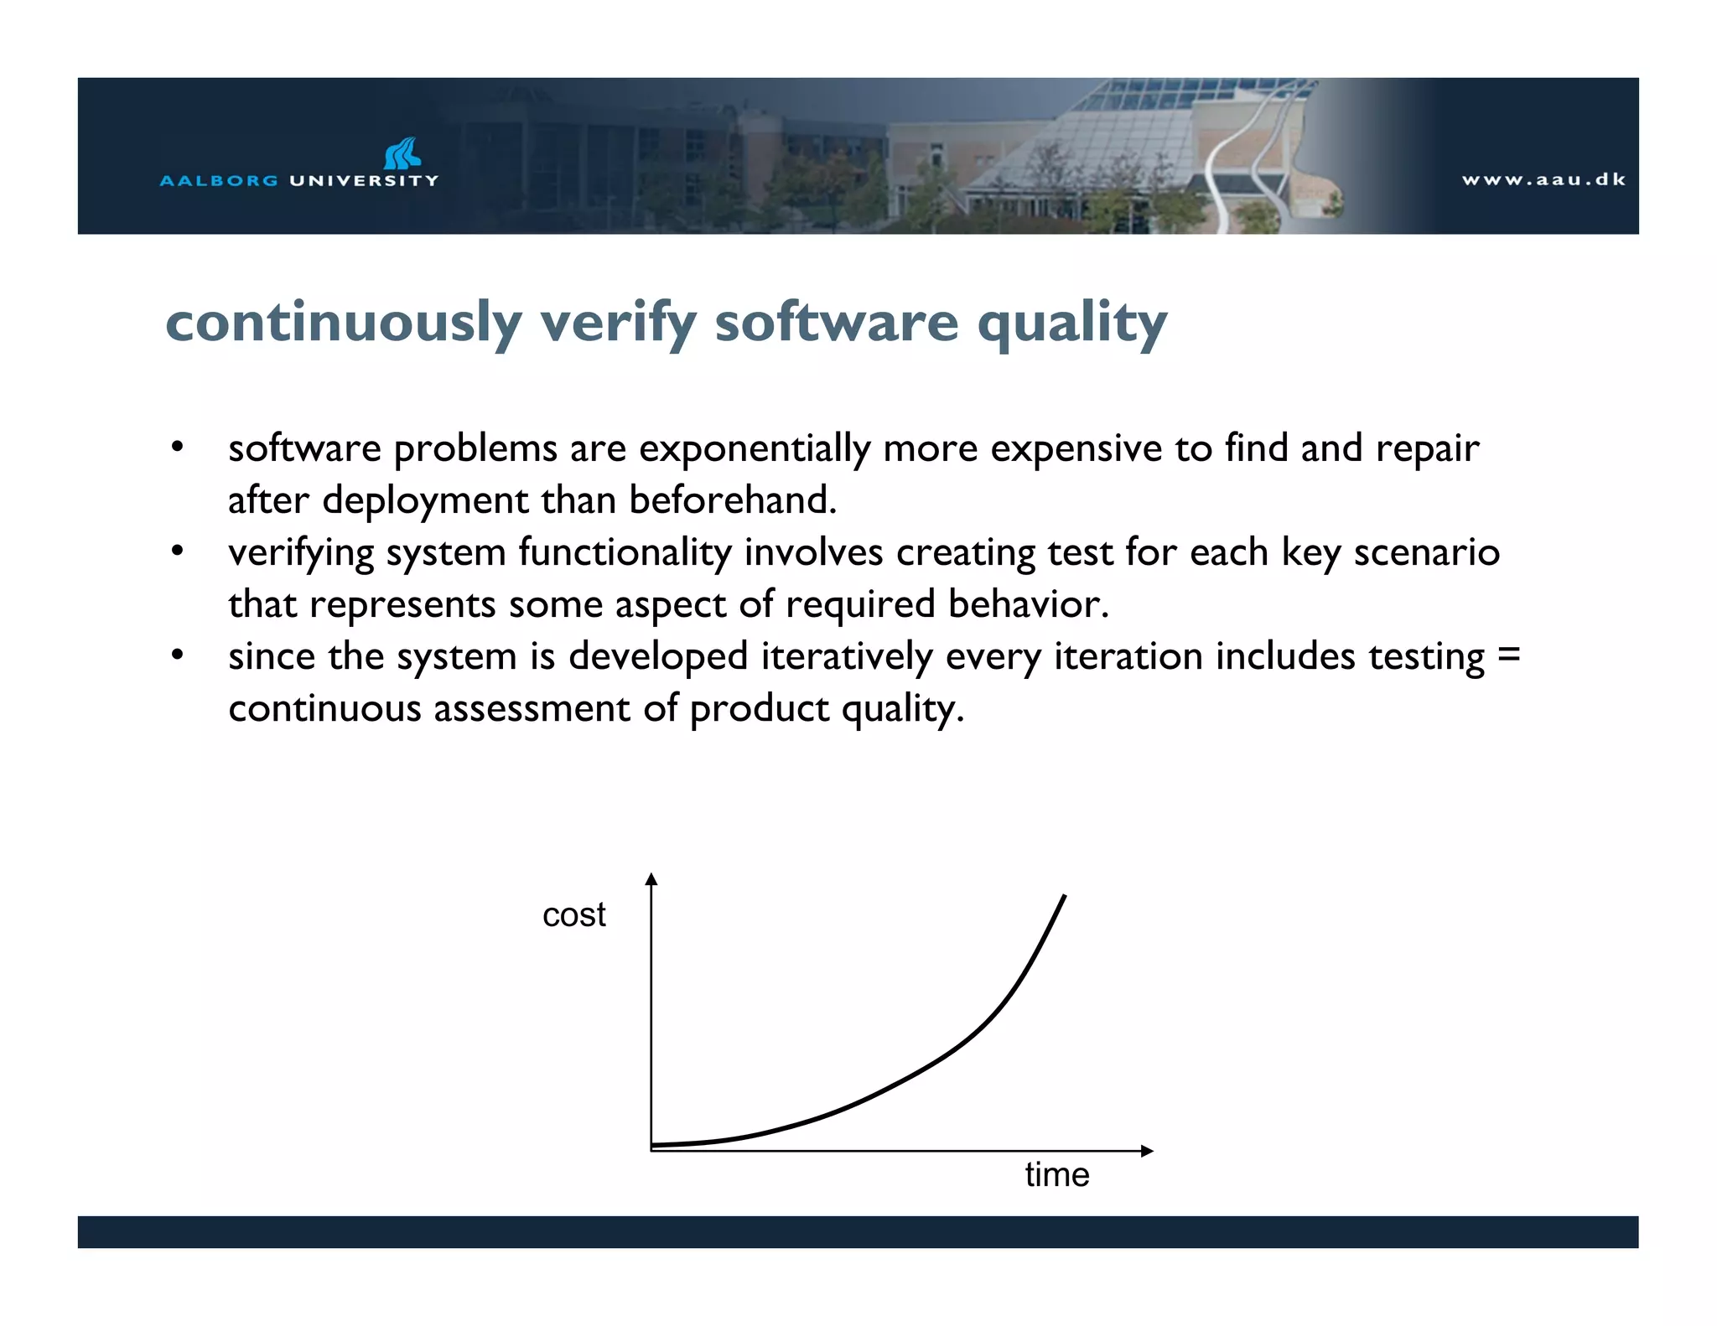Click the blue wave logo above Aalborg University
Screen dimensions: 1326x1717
[402, 153]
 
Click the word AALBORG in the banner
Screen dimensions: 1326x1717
[219, 181]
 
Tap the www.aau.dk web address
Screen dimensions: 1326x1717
[1543, 179]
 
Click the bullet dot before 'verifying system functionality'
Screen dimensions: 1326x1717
[177, 552]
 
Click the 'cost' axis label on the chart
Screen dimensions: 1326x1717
[573, 915]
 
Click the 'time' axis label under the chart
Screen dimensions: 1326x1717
[1056, 1175]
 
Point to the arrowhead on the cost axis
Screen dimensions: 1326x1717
[651, 878]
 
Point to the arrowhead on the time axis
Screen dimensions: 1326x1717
[1148, 1151]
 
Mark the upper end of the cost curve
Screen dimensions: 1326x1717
[1064, 897]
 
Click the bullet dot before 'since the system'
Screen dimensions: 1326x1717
[177, 655]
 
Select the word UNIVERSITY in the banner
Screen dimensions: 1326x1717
[364, 181]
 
